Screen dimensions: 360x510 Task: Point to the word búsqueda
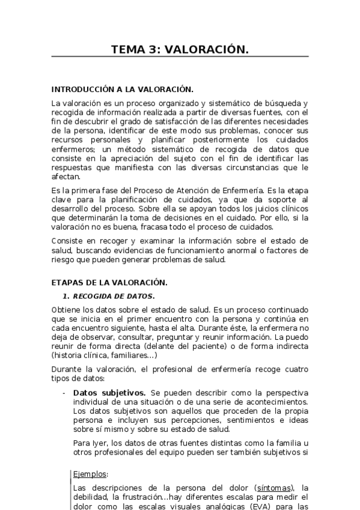tap(283, 103)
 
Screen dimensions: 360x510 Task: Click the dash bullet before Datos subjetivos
tap(64, 392)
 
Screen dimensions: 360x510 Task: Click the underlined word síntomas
tap(274, 488)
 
